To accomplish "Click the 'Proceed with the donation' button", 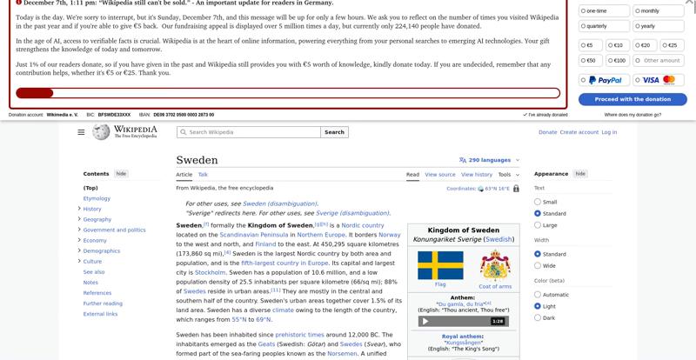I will [x=632, y=99].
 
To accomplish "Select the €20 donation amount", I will [x=645, y=45].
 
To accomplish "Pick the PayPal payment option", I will [x=605, y=80].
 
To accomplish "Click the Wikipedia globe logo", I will [x=102, y=132].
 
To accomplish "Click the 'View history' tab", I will [x=477, y=175].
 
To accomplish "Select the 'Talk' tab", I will [x=203, y=175].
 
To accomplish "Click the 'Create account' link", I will [x=579, y=132].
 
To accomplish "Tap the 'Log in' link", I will [x=609, y=132].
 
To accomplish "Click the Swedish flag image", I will [x=440, y=264].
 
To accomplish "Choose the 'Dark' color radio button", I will [x=538, y=317].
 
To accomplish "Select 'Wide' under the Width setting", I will [x=538, y=266].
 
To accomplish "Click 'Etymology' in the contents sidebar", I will [x=97, y=198].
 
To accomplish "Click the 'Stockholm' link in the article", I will [x=210, y=272].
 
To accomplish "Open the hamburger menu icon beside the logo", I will [x=81, y=132].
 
